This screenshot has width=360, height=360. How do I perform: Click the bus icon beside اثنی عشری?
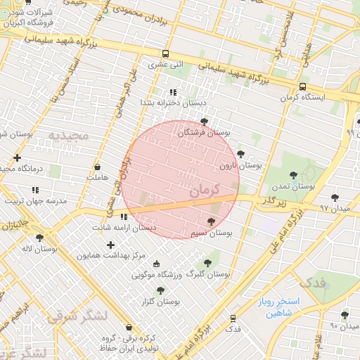(x=165, y=53)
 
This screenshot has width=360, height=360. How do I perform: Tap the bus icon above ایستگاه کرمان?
(x=302, y=86)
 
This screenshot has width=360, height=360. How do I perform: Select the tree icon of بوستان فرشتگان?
(x=204, y=122)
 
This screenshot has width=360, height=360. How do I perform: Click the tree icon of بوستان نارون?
(x=240, y=154)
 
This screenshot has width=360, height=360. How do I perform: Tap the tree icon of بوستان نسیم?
(x=212, y=221)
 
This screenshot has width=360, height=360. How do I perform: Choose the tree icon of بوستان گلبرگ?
(x=207, y=262)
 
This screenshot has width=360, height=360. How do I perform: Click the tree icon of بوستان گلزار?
(x=160, y=290)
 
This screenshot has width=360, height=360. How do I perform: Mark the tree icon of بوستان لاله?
(x=39, y=238)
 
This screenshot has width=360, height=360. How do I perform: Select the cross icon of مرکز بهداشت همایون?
(x=110, y=245)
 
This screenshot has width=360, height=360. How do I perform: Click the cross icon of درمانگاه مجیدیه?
(x=17, y=157)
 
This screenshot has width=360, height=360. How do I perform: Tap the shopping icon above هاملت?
(x=98, y=167)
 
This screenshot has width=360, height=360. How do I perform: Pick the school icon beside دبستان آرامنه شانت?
(x=124, y=217)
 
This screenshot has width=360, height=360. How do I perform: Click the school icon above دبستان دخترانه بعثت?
(x=172, y=92)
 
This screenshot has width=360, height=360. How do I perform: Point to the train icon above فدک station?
(x=233, y=318)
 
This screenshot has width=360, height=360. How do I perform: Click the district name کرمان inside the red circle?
(x=205, y=190)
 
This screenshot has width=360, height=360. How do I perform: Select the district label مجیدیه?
(x=69, y=134)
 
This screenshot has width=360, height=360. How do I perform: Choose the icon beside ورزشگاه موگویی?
(x=156, y=264)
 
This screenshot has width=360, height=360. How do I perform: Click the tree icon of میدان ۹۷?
(x=334, y=198)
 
